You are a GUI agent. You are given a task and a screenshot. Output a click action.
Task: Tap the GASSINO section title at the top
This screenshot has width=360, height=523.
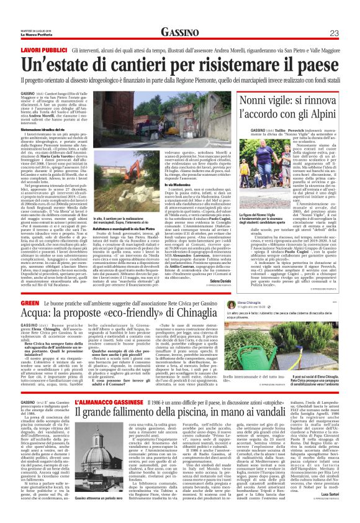pos(180,32)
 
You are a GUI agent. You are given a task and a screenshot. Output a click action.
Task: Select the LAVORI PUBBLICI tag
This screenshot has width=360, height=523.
pos(44,48)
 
